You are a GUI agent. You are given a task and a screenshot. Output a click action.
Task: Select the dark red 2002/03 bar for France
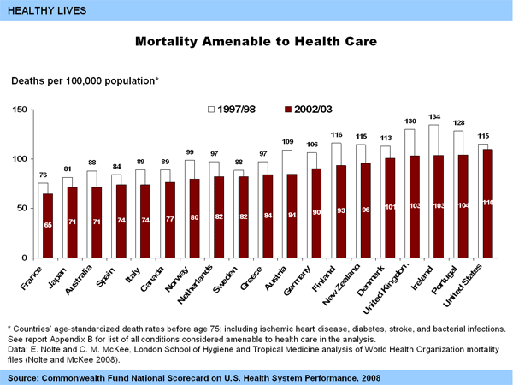pyautogui.click(x=48, y=227)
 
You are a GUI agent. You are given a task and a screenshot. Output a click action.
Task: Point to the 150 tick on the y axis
pyautogui.click(x=19, y=110)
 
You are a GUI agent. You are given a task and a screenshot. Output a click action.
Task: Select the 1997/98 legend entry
pyautogui.click(x=233, y=110)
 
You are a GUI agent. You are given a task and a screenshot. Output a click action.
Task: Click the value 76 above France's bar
pyautogui.click(x=43, y=175)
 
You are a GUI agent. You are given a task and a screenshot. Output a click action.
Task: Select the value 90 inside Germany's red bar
pyautogui.click(x=317, y=211)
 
